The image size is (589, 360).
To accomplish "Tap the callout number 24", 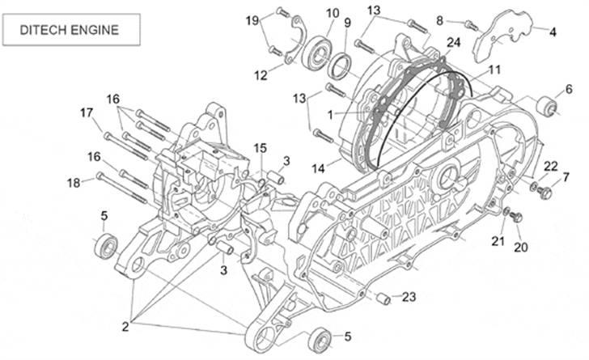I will click(x=453, y=42).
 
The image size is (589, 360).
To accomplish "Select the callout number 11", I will click(x=494, y=70).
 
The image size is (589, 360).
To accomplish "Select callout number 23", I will click(x=409, y=297).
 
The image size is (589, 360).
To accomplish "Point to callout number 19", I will click(x=252, y=19).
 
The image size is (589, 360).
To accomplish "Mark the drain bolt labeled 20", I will click(x=519, y=217).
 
